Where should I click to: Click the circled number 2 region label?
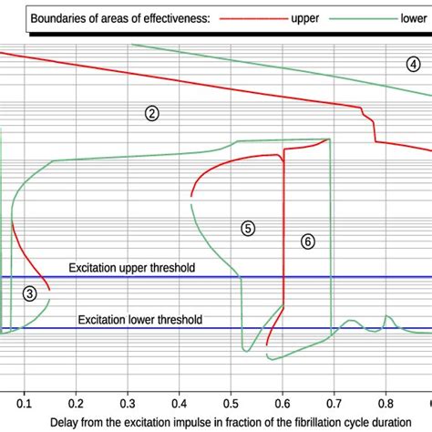point(152,113)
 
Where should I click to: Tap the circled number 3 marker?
point(30,293)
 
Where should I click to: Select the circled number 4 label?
point(414,63)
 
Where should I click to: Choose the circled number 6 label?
point(308,241)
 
